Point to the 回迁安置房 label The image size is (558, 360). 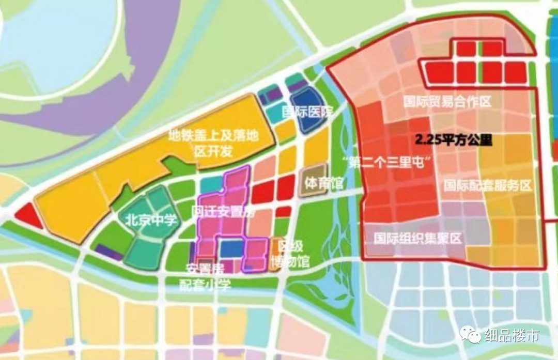(x=223, y=212)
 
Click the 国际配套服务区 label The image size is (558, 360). (x=488, y=185)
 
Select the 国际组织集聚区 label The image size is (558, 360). (x=417, y=238)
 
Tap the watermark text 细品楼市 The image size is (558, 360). (x=512, y=336)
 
